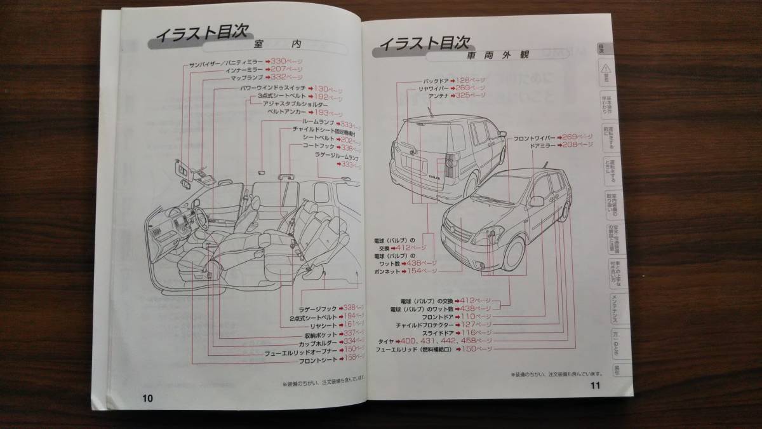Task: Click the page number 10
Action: tap(147, 398)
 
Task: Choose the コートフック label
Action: tap(319, 146)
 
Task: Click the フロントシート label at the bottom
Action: tap(317, 358)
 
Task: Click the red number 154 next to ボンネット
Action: tap(431, 270)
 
